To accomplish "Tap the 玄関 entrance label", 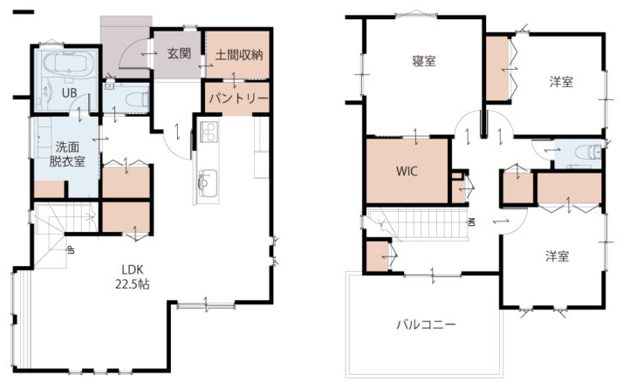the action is point(179,53).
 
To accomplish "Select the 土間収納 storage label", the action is point(239,54).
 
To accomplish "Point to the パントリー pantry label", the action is point(238,98).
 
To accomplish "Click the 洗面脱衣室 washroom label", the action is point(67,154).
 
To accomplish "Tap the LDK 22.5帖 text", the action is point(133,276).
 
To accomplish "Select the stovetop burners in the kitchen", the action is point(209,132).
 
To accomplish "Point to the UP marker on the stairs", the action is point(71,250).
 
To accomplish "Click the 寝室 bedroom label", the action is point(424,61).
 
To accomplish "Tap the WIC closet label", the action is point(407,171).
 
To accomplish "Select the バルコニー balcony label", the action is point(426,325).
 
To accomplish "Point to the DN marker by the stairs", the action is point(472,221).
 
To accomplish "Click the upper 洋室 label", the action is point(561,82).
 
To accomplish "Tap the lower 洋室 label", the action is point(558,256).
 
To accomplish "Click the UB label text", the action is point(70,93).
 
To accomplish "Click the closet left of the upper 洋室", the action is point(497,68).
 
